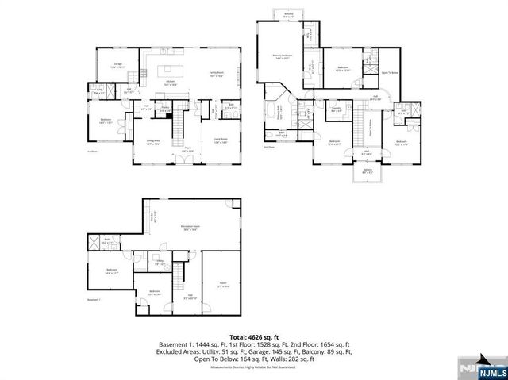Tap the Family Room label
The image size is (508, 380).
tap(217, 74)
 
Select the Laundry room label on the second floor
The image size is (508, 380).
tap(337, 109)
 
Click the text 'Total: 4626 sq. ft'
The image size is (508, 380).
tap(254, 336)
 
